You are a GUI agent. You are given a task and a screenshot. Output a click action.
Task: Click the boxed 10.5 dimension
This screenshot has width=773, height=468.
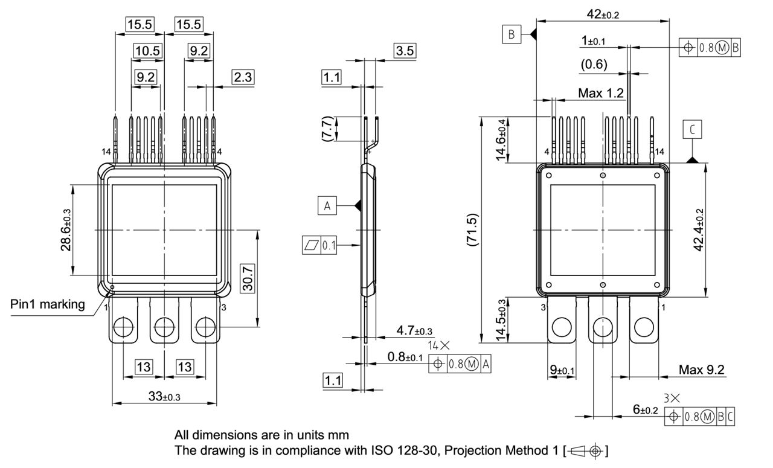coord(148,51)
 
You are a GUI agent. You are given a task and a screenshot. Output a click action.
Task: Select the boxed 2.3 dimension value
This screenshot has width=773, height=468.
coord(243,77)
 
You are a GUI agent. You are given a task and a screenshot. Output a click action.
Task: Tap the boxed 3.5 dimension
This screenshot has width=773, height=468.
coord(404,51)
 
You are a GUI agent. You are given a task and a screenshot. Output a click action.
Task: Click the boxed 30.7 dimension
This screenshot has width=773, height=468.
coord(248,278)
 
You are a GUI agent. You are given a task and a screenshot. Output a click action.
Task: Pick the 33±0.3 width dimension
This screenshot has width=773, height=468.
coord(165,396)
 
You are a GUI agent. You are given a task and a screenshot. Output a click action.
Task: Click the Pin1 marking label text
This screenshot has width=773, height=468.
coord(48,304)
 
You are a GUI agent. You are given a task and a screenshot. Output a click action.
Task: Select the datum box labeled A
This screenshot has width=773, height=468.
coord(327,206)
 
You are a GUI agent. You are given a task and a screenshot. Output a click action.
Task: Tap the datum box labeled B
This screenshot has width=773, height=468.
coord(511,35)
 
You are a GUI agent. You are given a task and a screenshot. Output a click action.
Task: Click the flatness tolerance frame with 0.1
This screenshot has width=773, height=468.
coord(319,246)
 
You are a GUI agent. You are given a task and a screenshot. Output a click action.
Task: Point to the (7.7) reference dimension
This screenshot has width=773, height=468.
coord(326,129)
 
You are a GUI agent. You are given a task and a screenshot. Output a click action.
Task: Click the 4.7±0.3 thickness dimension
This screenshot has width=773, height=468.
coord(414,331)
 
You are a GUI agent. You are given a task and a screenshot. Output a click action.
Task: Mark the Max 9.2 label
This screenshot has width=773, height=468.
coord(701,370)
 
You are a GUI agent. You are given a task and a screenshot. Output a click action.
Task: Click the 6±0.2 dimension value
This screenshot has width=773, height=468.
coord(644,409)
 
